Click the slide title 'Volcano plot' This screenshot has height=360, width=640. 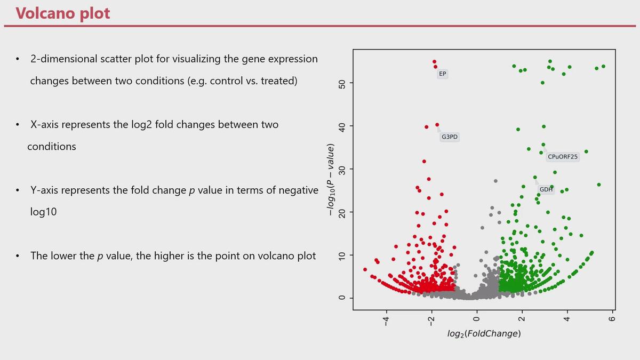[63, 13]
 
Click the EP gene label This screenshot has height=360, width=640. [442, 74]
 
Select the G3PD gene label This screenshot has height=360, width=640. [450, 137]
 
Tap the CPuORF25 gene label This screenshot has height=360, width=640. [562, 157]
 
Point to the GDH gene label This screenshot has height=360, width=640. [546, 189]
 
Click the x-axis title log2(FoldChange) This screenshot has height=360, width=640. [484, 334]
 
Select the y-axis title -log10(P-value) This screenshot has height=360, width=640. [330, 180]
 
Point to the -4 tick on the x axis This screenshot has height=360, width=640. [386, 321]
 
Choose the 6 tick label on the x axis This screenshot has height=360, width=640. [612, 318]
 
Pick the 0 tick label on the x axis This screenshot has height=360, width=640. [476, 318]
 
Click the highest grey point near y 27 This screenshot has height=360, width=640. [495, 181]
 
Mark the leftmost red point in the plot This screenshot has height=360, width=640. [365, 269]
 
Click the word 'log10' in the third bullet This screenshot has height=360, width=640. [43, 212]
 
